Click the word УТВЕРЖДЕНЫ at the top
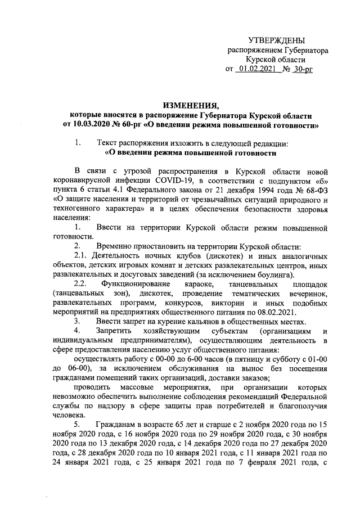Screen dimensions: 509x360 (x=277, y=40)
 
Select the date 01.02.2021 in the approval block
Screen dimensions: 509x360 (x=255, y=69)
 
